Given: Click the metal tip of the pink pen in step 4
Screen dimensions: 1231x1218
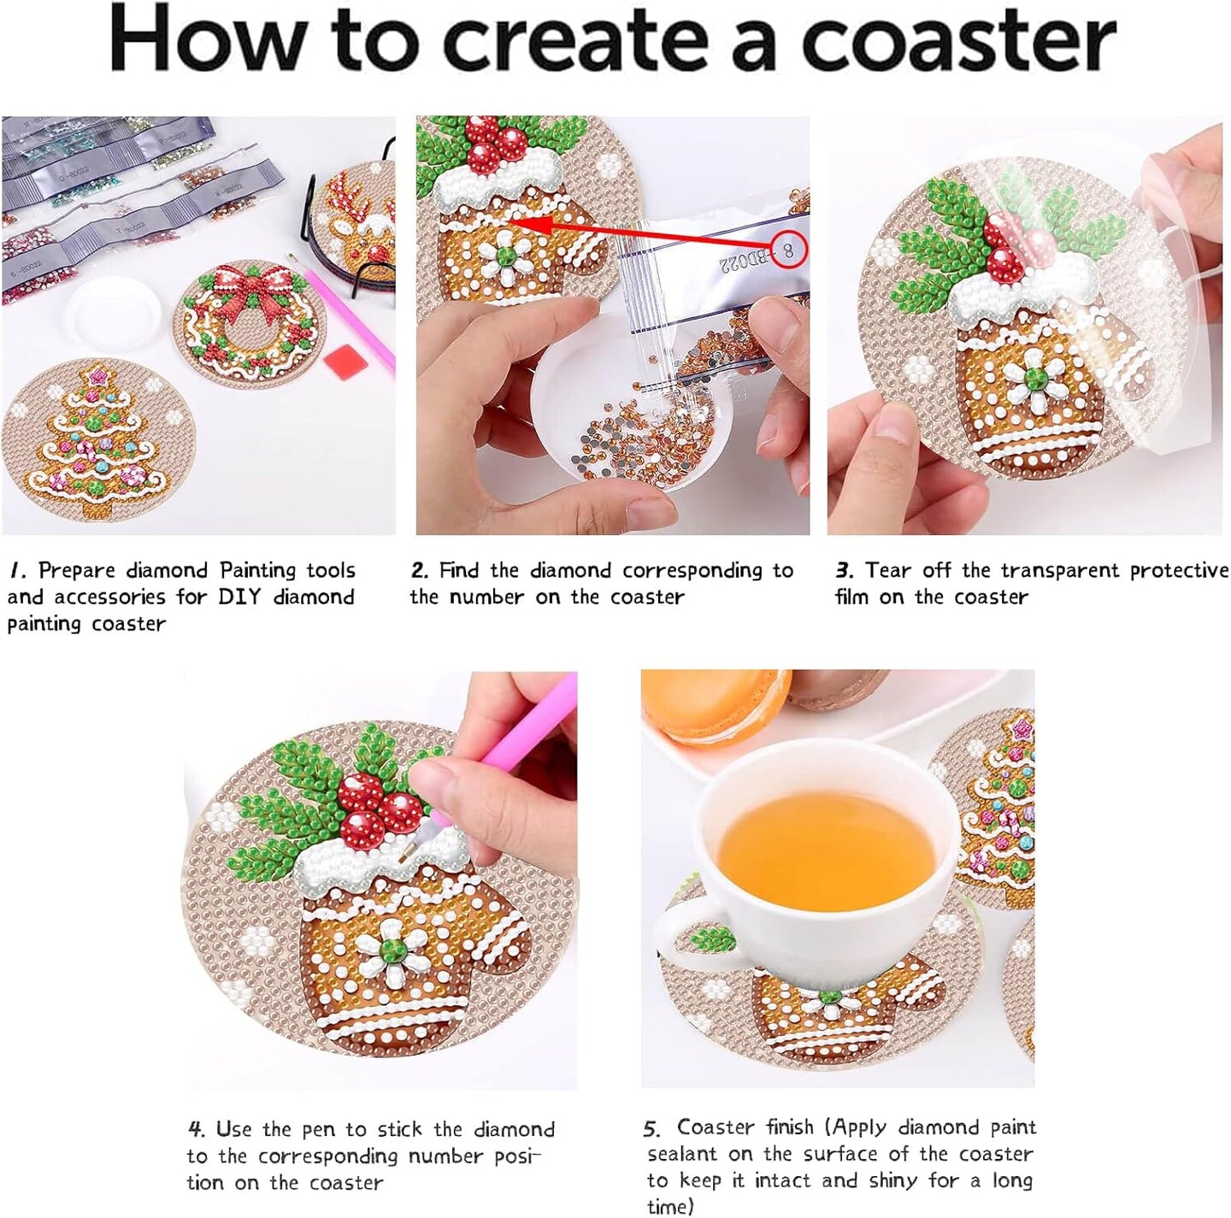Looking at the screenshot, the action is tap(409, 850).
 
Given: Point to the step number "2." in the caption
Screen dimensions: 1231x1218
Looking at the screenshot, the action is tap(419, 570).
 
